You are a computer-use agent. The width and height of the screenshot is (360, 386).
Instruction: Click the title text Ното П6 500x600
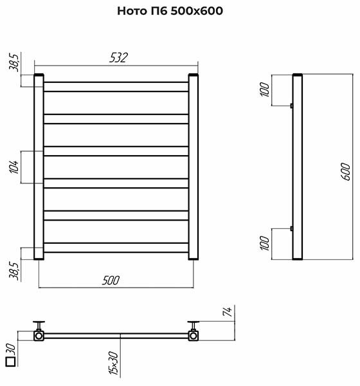point(170,11)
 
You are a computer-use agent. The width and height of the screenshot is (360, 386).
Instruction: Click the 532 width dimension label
point(118,58)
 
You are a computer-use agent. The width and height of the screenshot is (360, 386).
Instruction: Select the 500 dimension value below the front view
point(111,280)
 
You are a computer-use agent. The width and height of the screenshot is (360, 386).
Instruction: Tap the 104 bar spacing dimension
point(14,167)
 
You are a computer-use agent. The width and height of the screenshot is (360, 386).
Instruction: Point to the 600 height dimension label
point(346,172)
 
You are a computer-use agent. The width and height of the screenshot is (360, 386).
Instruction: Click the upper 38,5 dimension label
point(14,62)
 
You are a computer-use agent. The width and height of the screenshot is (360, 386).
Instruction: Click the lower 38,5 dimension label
point(14,271)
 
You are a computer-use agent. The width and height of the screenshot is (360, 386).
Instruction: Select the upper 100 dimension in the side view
point(265,89)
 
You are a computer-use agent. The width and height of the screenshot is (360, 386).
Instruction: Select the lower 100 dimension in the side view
point(265,243)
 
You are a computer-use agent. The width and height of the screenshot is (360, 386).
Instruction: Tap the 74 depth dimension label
point(227,311)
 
